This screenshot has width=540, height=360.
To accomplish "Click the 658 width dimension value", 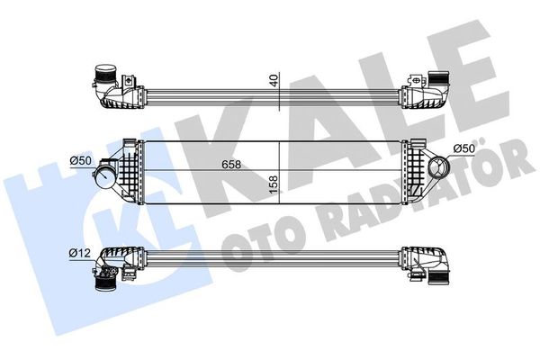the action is [x=231, y=165].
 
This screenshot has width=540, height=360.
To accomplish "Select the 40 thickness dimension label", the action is [x=274, y=81].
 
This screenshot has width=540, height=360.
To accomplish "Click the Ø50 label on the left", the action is [x=80, y=160].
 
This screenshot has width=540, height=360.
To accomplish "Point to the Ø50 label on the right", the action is [x=464, y=148].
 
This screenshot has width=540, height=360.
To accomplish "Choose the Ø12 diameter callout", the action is [x=79, y=254].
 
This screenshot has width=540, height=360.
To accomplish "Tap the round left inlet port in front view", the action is [x=104, y=175].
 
